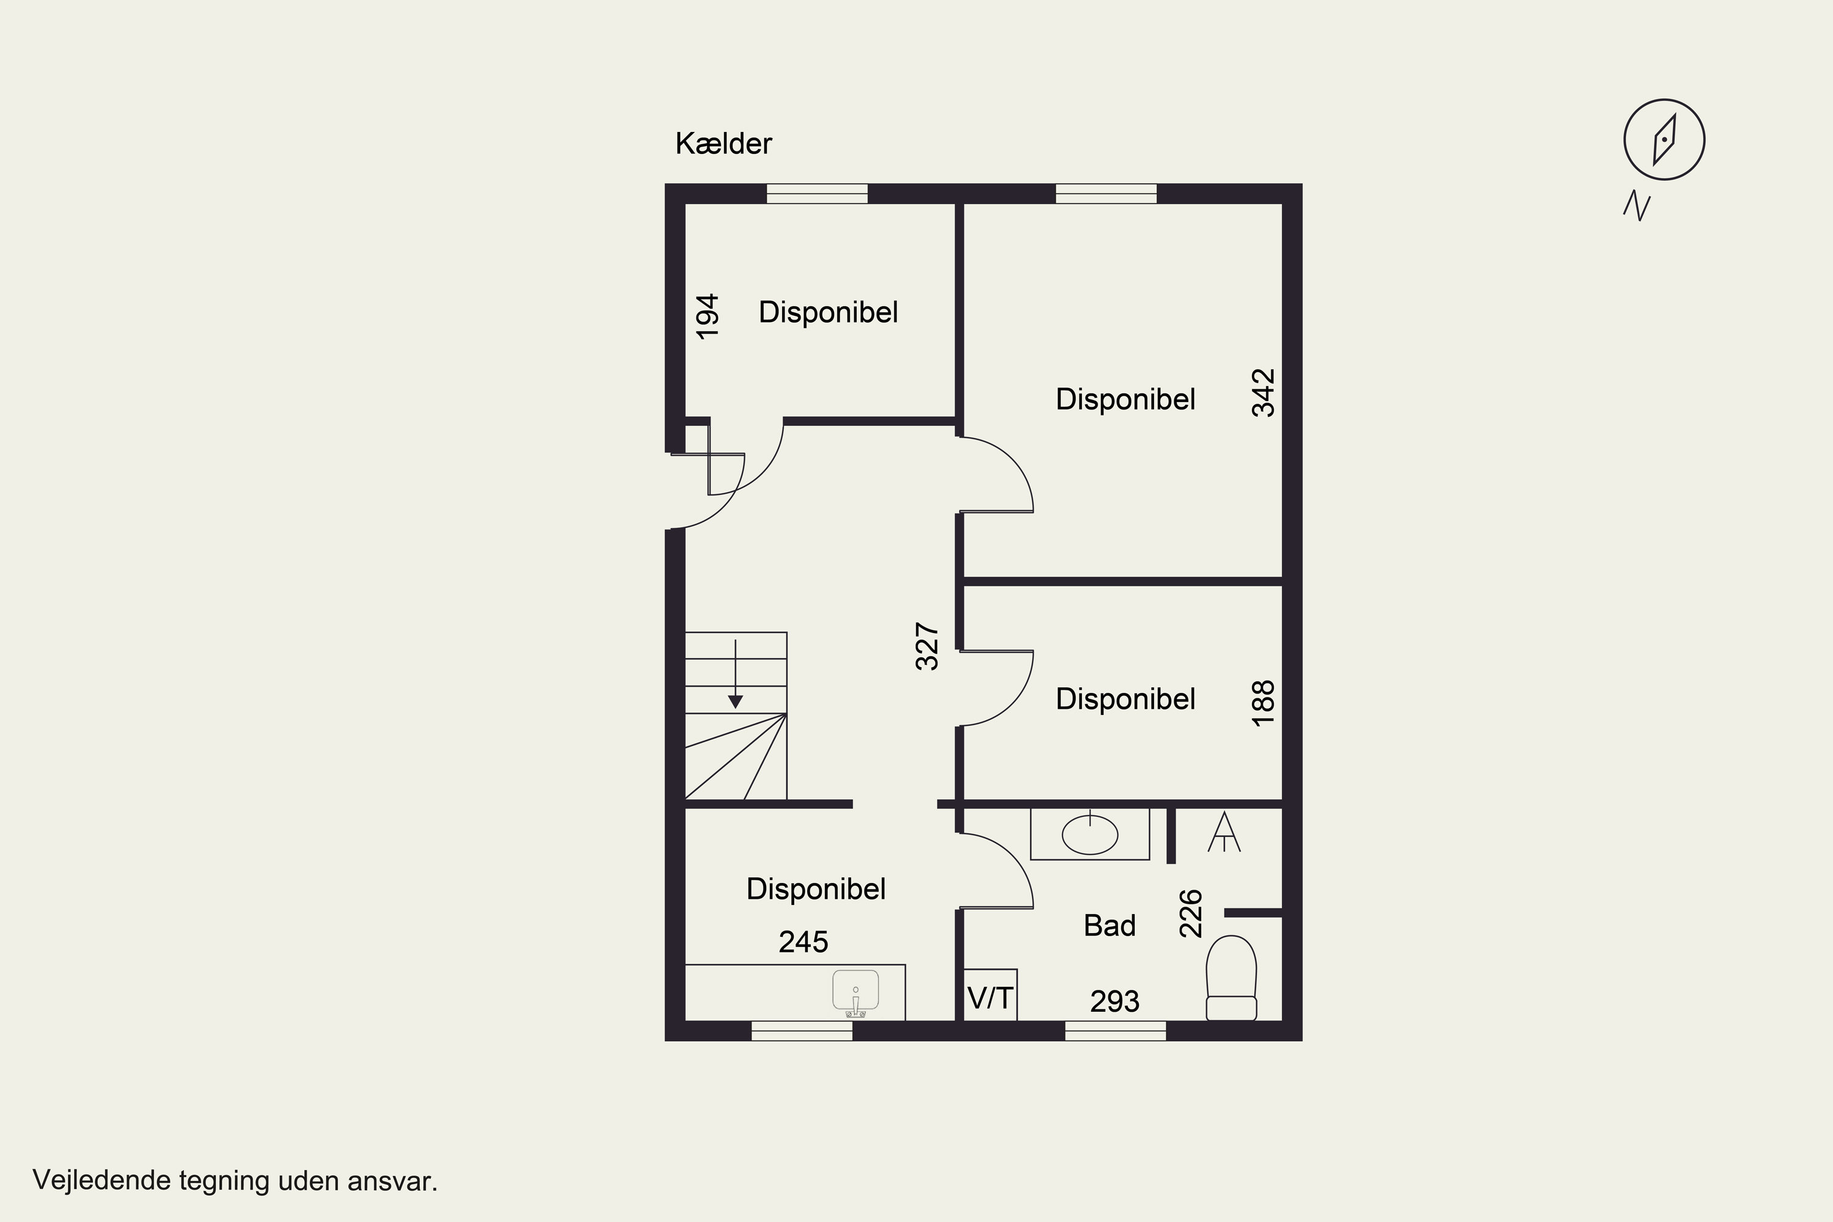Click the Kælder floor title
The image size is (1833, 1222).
[x=723, y=144]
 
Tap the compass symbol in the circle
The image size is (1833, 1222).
[x=1664, y=141]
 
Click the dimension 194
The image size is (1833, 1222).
[x=708, y=316]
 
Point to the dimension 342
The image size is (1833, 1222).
[x=1264, y=393]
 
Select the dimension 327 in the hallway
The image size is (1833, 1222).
[x=927, y=646]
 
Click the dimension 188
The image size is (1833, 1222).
[x=1264, y=703]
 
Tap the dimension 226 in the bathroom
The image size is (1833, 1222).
[x=1191, y=913]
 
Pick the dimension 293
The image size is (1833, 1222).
[x=1114, y=1001]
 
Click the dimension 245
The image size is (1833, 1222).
[x=803, y=942]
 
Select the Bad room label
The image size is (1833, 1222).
[x=1110, y=926]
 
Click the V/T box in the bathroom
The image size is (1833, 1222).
[x=990, y=995]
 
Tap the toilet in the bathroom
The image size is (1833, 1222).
[x=1231, y=978]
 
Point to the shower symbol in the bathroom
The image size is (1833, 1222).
[x=1224, y=832]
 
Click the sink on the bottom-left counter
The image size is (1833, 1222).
[x=856, y=993]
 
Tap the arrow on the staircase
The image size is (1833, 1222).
[x=735, y=674]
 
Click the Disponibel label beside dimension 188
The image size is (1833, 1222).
[x=1125, y=699]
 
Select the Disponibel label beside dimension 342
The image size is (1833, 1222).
[x=1125, y=399]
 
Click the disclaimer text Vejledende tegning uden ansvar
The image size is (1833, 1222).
[x=235, y=1180]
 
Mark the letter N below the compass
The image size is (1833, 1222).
[x=1637, y=206]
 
